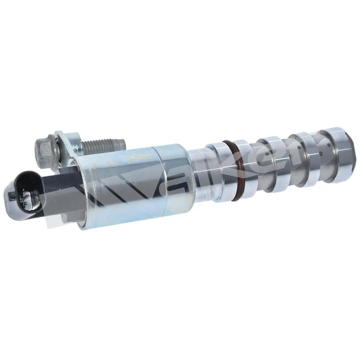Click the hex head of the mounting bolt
46,146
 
